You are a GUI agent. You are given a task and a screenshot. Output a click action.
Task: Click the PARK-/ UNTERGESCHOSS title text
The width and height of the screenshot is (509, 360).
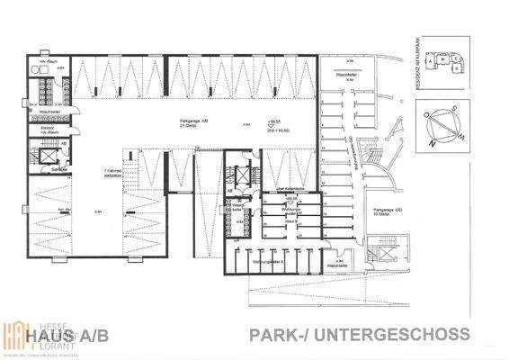coord(357,334)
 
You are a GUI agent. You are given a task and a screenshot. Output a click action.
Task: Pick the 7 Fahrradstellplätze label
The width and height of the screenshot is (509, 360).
coord(113,173)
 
